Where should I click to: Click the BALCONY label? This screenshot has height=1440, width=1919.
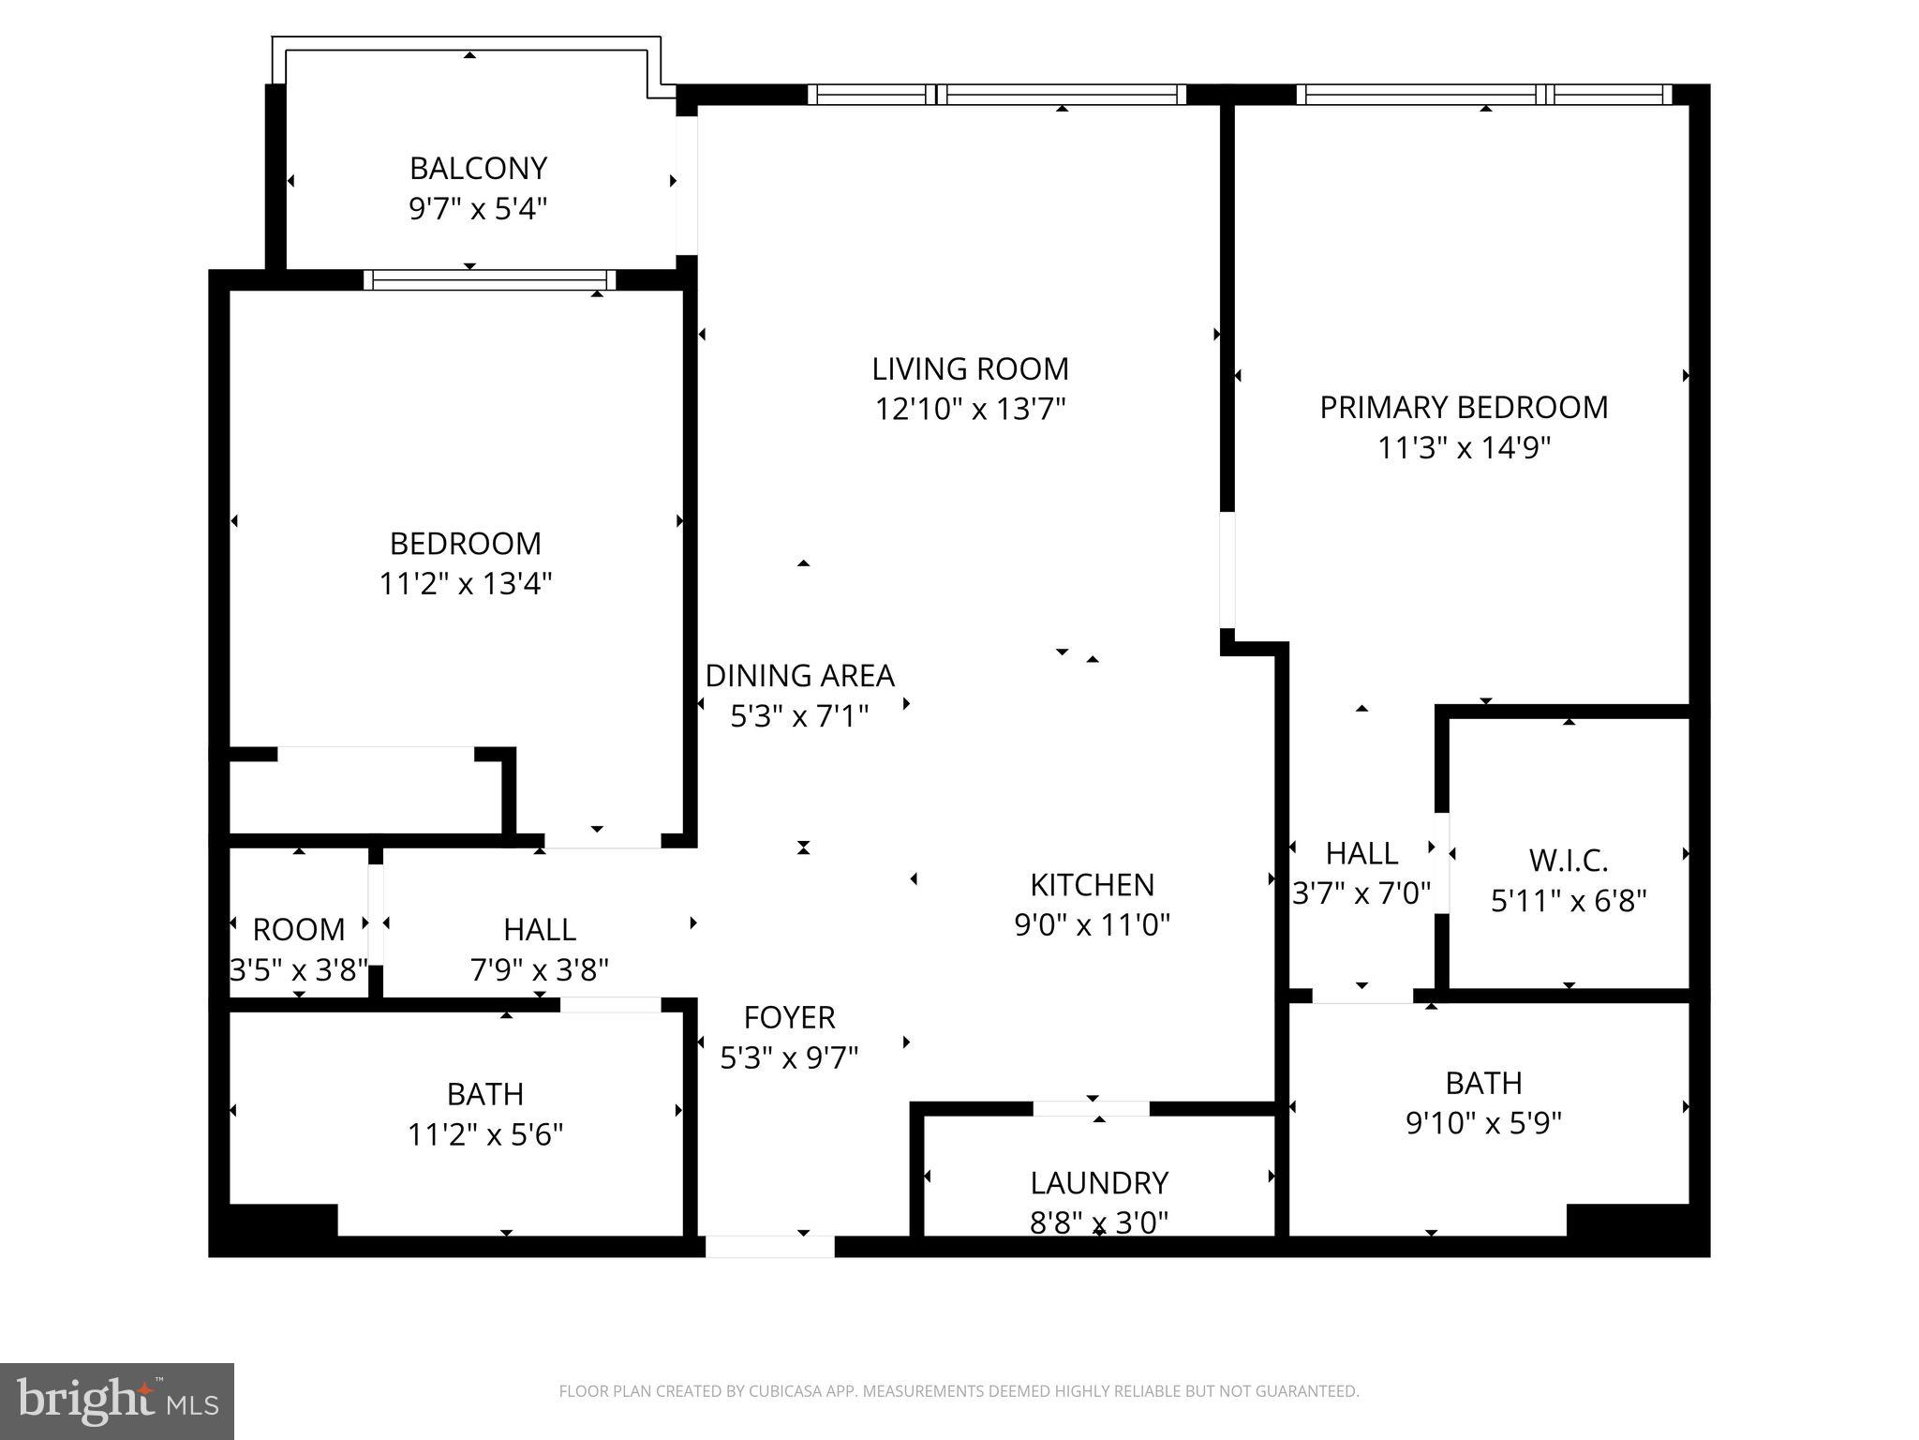coord(478,169)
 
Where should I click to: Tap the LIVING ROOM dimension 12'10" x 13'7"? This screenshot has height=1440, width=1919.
coord(971,410)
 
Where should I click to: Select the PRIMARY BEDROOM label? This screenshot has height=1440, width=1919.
coord(1464,408)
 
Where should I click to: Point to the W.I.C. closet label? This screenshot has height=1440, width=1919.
coord(1569,860)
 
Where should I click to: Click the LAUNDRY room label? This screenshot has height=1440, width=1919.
coord(1099,1183)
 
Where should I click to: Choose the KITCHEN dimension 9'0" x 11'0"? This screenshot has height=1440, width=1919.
coord(1092,925)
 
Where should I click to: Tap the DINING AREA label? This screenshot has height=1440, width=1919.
coord(799,676)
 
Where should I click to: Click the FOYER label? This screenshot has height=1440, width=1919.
coord(789,1017)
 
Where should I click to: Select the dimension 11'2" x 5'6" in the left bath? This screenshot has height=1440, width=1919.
coord(484,1135)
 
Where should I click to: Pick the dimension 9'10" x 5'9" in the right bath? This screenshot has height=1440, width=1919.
coord(1483,1123)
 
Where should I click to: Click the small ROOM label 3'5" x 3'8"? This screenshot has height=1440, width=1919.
coord(299,930)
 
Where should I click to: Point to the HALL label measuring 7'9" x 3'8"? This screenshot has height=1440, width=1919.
coord(540,930)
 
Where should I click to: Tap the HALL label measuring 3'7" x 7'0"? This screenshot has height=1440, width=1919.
coord(1361,854)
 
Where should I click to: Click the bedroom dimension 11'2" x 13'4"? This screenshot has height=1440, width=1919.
coord(465,584)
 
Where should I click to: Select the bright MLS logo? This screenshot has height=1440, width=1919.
coord(117,1402)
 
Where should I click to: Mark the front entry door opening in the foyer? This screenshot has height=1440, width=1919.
coord(769,1246)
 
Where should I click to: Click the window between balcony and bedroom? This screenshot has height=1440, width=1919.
coord(489,279)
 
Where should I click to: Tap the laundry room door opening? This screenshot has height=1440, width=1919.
coord(1091,1108)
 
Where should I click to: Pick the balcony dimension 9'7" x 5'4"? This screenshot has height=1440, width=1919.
coord(478,209)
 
